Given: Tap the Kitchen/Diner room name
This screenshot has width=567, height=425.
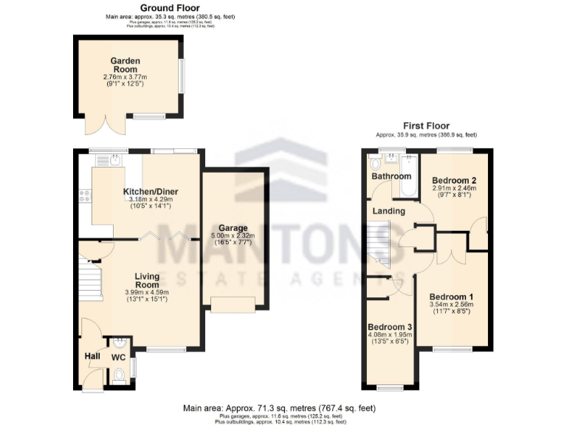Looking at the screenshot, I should (151, 192).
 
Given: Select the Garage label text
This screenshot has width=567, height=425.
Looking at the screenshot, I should (233, 228).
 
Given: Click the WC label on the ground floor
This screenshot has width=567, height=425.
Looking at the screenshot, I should (118, 357).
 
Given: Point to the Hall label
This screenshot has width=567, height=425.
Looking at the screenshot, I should (92, 356).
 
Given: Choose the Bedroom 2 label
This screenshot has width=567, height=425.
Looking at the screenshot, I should (454, 181).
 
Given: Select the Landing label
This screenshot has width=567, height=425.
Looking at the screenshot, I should (388, 211).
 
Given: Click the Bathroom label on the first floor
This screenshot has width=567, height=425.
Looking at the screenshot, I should (391, 176).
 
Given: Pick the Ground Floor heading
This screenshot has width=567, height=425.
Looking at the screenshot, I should (149, 8).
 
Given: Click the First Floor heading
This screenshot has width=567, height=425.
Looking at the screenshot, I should (426, 126).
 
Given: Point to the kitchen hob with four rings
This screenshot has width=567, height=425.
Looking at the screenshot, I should (84, 196).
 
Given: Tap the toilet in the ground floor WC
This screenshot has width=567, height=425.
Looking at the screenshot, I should (120, 376).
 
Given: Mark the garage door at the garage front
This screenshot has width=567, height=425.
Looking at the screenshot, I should (233, 304).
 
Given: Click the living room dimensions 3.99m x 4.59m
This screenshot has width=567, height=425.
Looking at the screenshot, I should (148, 292).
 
